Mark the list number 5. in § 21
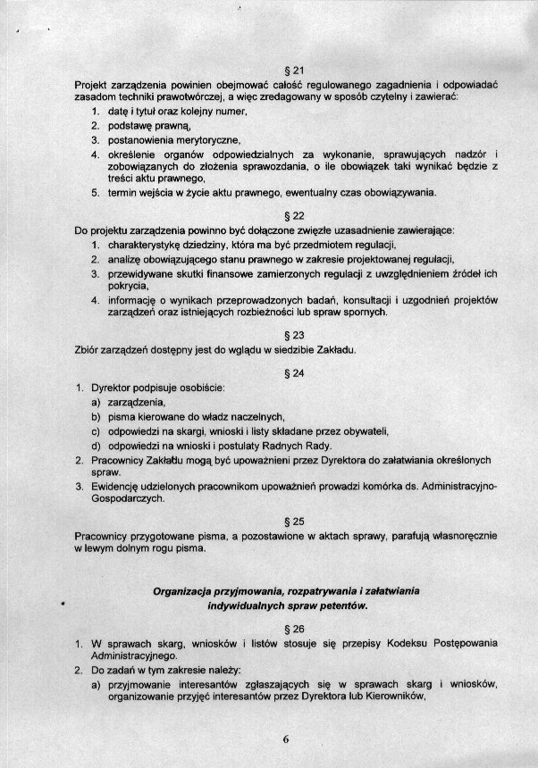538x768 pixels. pyautogui.click(x=95, y=192)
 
